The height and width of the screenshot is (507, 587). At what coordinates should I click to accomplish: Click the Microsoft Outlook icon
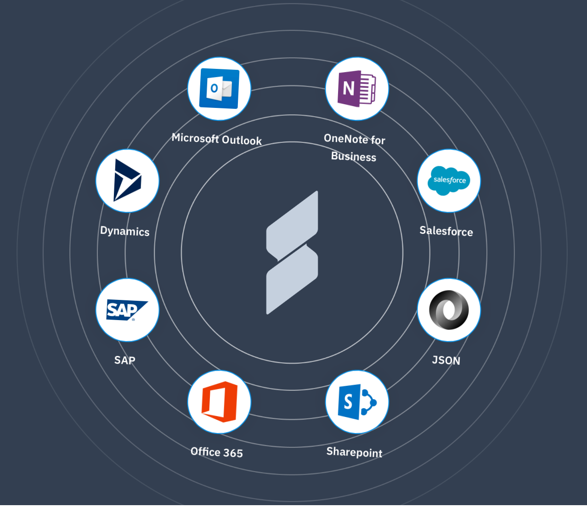pos(219,89)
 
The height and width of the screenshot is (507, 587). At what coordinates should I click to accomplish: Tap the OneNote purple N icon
pos(357,89)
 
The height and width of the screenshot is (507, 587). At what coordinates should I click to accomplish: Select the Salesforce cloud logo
pos(449,180)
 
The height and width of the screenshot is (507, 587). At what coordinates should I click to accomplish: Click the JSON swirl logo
pos(449,310)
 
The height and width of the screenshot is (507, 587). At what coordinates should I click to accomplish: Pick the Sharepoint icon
pos(357,402)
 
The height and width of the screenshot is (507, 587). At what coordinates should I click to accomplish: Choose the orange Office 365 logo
pos(219,402)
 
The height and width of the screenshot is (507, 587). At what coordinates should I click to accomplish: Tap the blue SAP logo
pos(127,310)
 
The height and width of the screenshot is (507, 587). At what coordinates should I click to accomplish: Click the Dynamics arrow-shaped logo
pos(127,180)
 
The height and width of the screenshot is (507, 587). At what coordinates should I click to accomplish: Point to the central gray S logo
pos(292,253)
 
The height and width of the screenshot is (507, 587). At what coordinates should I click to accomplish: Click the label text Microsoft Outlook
pos(216,139)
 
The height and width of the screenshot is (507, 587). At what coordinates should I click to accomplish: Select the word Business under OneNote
pos(354,157)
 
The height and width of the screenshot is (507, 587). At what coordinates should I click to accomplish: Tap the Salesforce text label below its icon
pos(446,231)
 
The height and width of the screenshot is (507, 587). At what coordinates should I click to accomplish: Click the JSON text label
pos(446,361)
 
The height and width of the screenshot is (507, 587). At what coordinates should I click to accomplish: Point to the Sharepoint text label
pos(354,452)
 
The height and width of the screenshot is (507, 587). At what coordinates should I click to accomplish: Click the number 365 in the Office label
pos(233,453)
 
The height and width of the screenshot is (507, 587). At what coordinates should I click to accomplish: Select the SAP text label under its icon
pos(124,361)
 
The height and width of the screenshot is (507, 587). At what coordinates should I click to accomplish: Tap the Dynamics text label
pos(124,231)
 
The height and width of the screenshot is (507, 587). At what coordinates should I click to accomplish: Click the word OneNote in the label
pos(345,139)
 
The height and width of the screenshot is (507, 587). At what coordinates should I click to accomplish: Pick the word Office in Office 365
pos(205,452)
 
